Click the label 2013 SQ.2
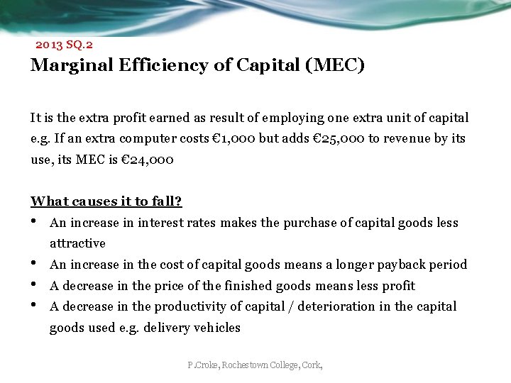[x=64, y=44]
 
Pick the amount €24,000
[x=141, y=160]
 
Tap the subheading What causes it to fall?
[x=106, y=201]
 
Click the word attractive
[x=77, y=243]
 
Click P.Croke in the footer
[x=203, y=365]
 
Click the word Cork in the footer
[x=312, y=365]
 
